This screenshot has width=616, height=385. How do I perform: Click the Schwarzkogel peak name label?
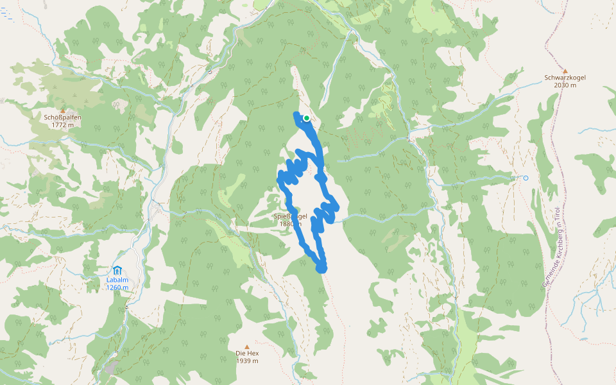click(565, 78)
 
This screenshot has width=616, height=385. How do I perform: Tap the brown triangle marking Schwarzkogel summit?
click(565, 71)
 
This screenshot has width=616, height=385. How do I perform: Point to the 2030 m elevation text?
click(565, 85)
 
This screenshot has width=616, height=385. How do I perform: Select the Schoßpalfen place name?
click(63, 117)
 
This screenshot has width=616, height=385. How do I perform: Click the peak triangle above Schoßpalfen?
click(63, 110)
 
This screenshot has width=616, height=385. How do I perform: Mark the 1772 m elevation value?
click(63, 125)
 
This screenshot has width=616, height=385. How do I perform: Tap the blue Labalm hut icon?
click(117, 270)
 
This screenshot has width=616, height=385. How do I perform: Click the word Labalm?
click(117, 280)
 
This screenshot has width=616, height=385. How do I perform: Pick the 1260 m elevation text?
click(117, 287)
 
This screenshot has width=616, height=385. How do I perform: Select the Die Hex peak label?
click(247, 354)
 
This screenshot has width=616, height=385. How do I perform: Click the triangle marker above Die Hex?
click(247, 346)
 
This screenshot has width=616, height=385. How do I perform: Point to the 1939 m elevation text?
click(247, 361)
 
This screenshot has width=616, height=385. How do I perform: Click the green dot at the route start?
click(307, 118)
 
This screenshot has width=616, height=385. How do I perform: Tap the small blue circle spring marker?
click(526, 178)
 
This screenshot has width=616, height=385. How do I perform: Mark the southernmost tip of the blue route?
click(322, 269)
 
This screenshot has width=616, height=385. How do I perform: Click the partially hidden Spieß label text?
click(282, 216)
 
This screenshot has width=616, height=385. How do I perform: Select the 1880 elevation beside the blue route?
click(287, 224)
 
